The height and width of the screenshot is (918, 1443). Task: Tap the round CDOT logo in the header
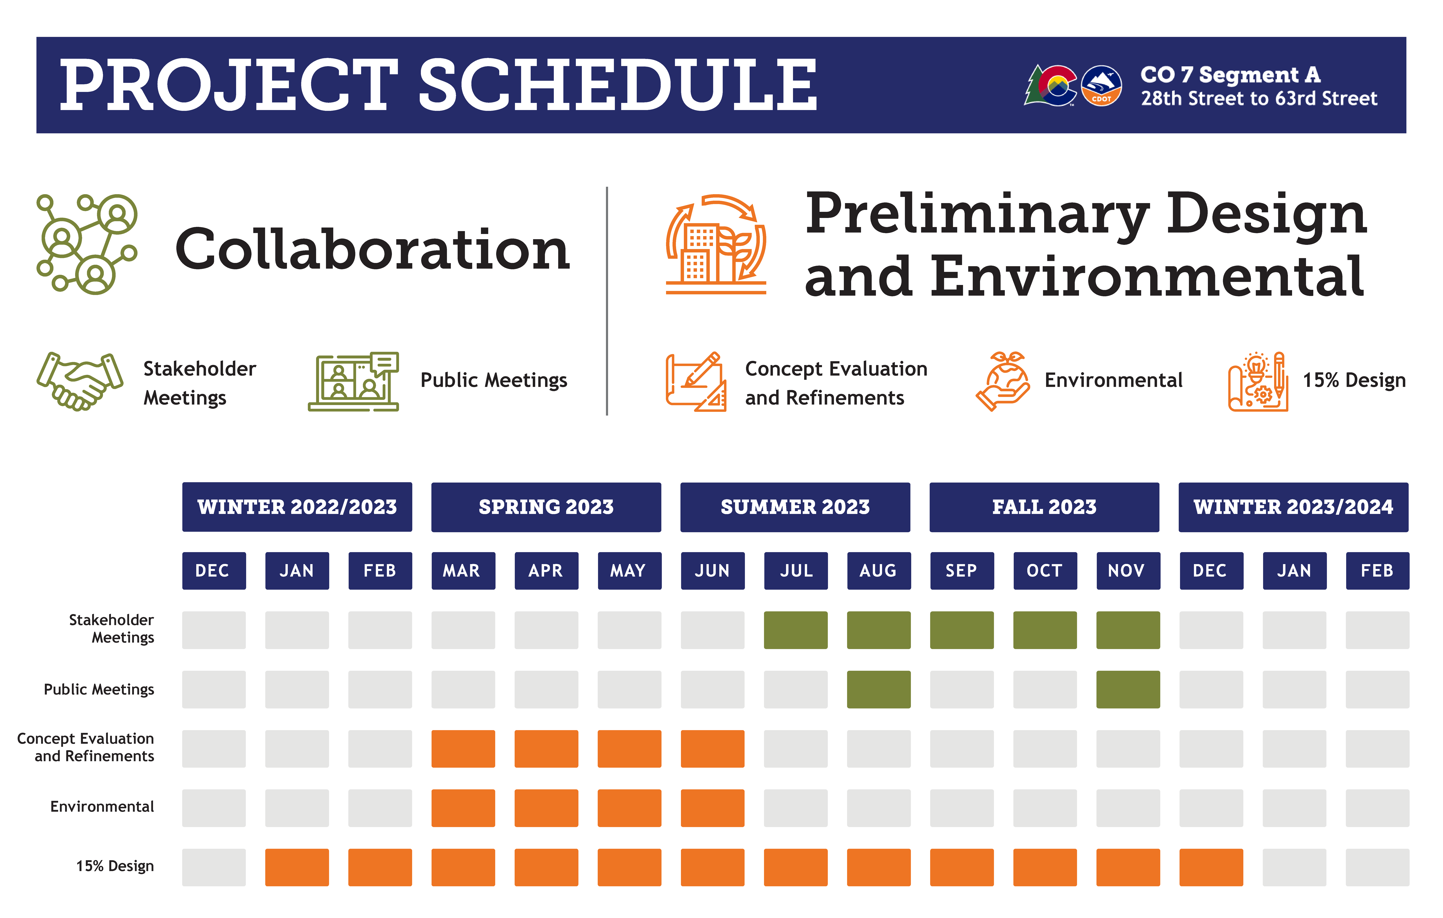click(x=1101, y=86)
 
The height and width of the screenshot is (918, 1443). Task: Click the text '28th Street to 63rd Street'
click(x=1258, y=98)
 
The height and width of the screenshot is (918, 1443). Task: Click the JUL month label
click(x=796, y=571)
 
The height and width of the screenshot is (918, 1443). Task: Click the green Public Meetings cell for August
click(x=878, y=689)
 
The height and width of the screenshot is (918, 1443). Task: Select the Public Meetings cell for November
click(x=1128, y=689)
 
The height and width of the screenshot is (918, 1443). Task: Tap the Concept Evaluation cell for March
click(x=463, y=749)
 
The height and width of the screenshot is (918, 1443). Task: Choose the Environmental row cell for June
click(x=713, y=808)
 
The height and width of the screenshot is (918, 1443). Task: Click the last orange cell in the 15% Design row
click(x=1211, y=867)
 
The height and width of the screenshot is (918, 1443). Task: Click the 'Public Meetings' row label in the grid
click(x=99, y=689)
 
